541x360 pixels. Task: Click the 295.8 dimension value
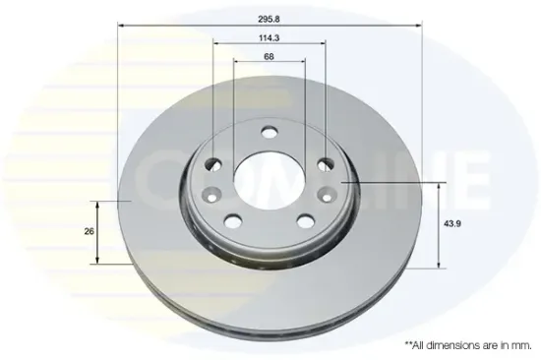pos(270,20)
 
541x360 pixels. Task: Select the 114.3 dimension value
pos(270,38)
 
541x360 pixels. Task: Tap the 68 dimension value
pos(270,56)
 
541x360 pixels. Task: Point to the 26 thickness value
pos(89,231)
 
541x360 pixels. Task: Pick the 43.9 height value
pos(452,223)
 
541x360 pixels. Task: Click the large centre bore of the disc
pos(270,181)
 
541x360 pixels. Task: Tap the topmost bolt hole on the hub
pos(270,132)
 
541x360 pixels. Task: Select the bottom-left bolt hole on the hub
pos(233,220)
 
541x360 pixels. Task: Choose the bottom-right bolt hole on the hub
pos(306,221)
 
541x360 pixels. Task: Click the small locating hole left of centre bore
pos(211,195)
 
